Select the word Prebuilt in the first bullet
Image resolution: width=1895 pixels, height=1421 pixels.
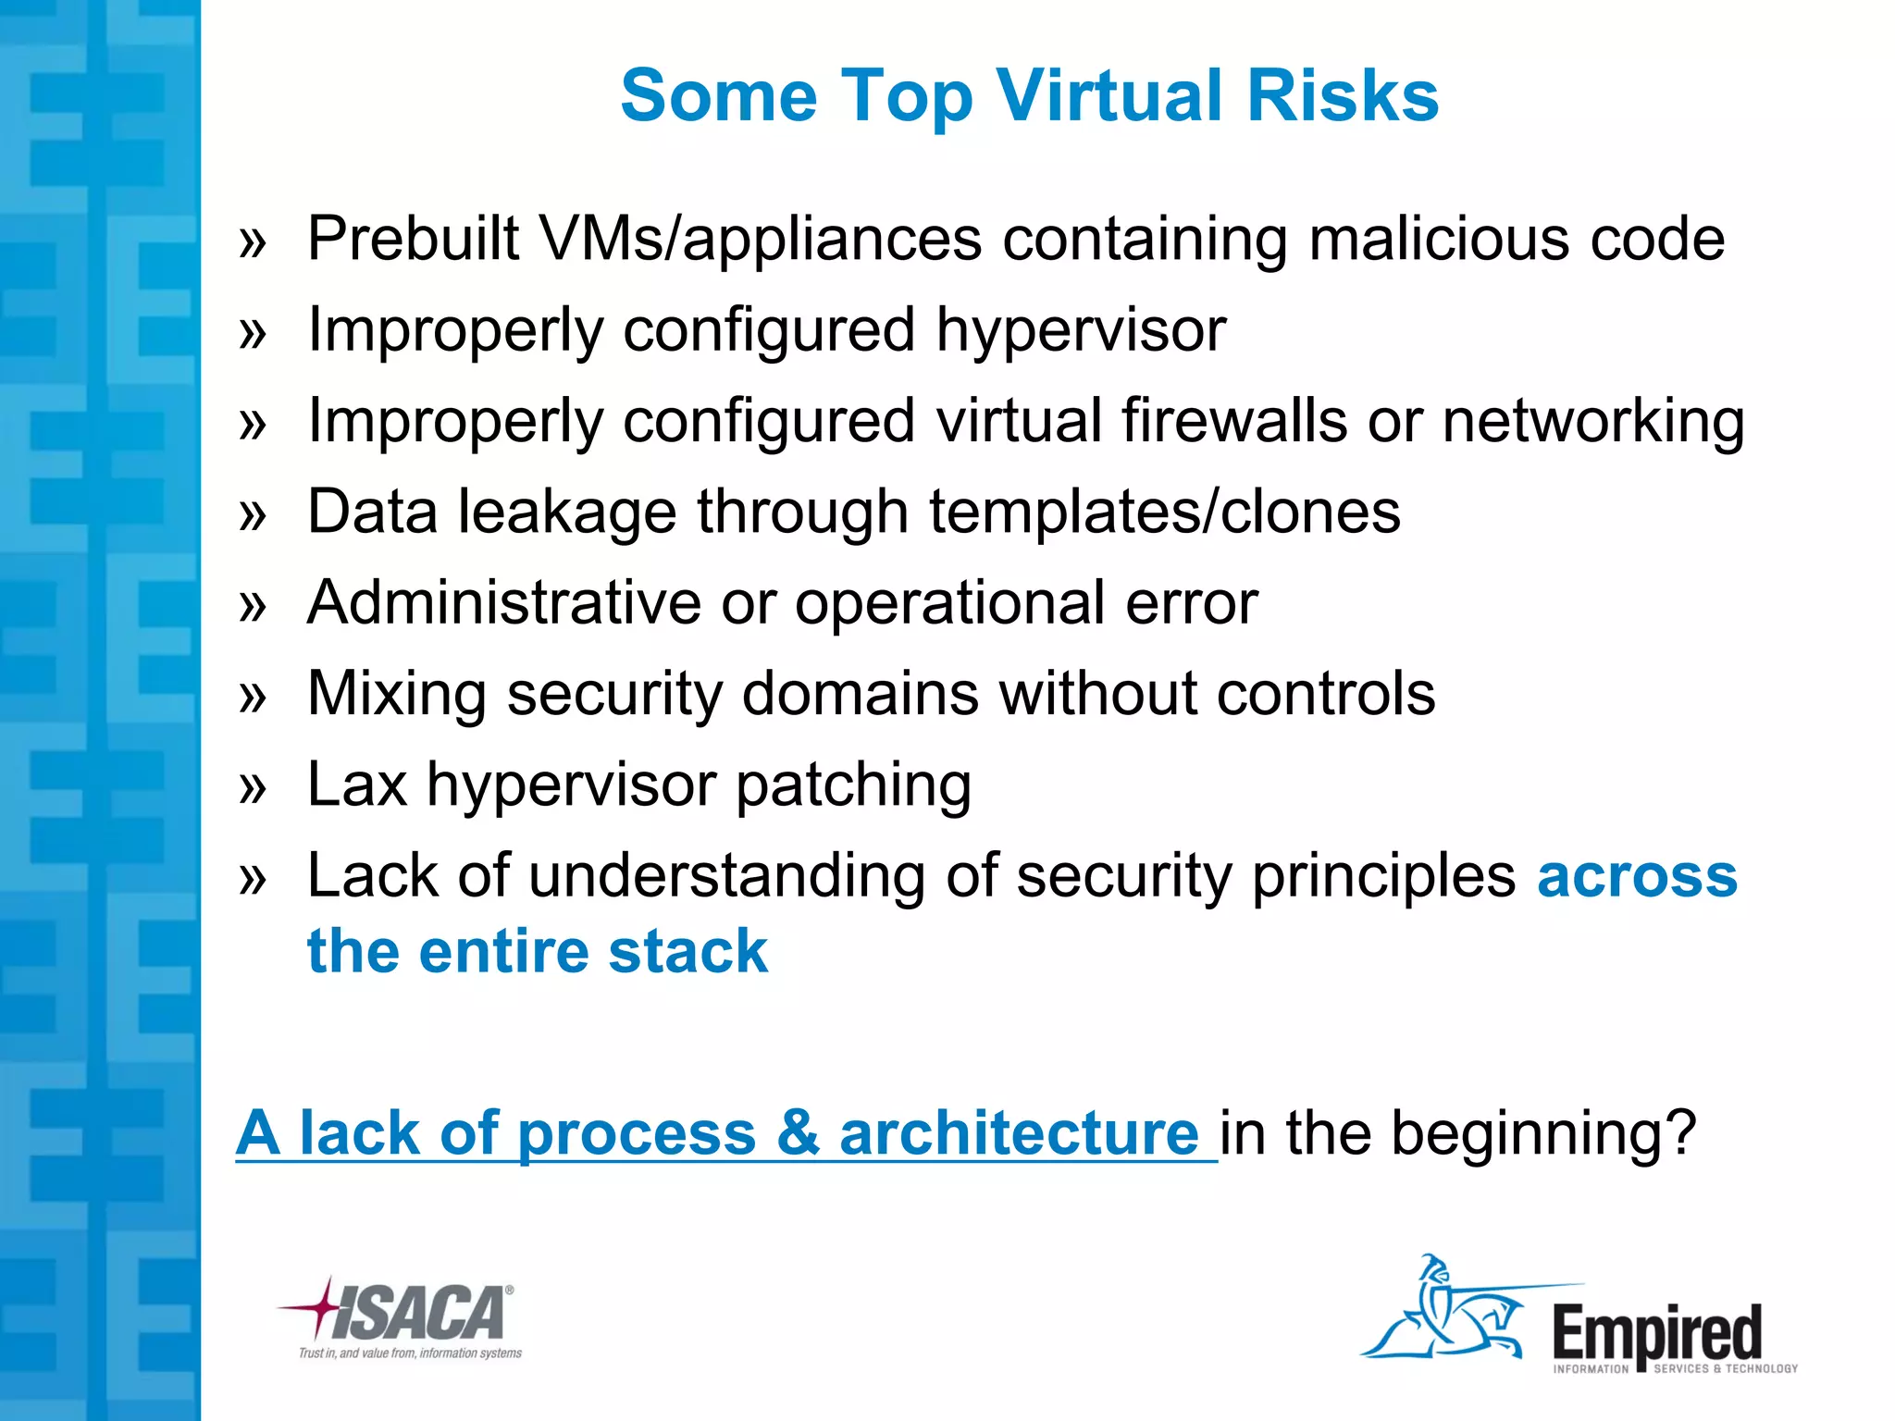[x=413, y=239]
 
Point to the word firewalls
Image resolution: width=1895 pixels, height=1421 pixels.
[x=1233, y=421]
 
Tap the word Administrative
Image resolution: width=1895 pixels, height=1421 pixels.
[x=503, y=602]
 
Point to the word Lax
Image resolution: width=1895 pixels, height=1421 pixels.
[x=356, y=785]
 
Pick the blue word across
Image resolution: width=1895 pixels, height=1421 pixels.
[x=1637, y=875]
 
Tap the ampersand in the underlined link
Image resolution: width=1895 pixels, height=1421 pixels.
[x=798, y=1132]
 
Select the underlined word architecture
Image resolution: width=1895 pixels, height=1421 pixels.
[x=1019, y=1132]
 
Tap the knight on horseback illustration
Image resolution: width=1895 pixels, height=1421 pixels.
[x=1443, y=1309]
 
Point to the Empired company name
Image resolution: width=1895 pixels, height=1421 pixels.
[x=1657, y=1332]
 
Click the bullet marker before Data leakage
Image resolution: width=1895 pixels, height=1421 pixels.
[x=252, y=513]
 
